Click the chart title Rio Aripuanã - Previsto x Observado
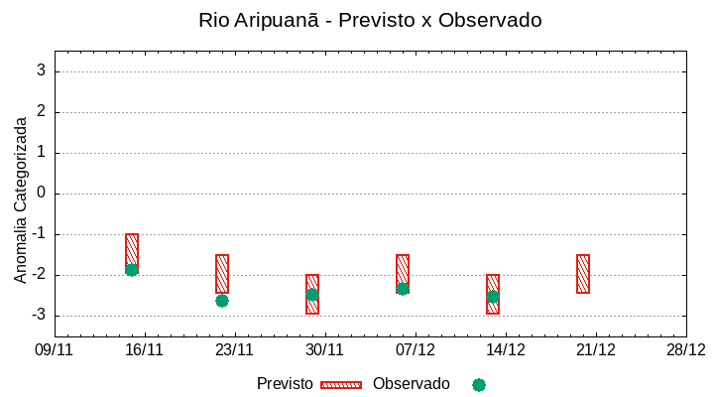[370, 20]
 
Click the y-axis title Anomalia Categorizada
[21, 199]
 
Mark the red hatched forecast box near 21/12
[583, 274]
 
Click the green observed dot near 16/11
[132, 270]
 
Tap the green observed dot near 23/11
[222, 301]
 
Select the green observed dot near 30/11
[312, 295]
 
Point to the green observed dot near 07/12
[403, 289]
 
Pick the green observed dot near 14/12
[493, 297]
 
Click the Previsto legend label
[285, 384]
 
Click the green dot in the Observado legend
[479, 385]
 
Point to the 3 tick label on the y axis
[42, 71]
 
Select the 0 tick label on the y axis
[42, 194]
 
